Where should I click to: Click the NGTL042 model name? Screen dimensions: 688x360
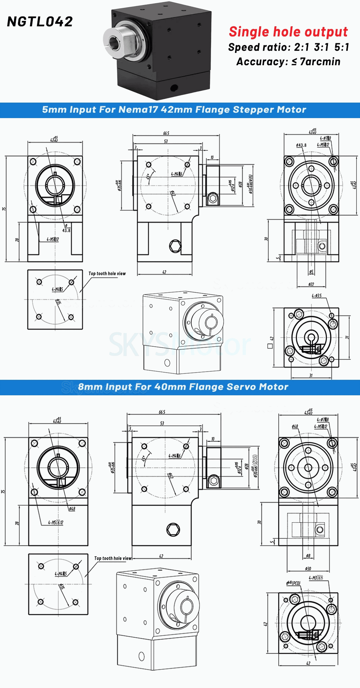(40, 22)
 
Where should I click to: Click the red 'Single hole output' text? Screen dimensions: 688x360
(288, 32)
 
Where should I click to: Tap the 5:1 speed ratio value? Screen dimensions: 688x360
(341, 47)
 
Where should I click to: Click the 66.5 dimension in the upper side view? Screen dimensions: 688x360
(166, 133)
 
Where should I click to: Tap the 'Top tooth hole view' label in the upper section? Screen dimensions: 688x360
(107, 274)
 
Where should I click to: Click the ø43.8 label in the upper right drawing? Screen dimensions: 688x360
(301, 145)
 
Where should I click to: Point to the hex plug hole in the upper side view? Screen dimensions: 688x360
(175, 246)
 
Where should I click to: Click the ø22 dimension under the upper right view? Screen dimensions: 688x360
(311, 284)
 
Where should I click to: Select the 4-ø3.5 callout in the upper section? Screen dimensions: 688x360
(316, 296)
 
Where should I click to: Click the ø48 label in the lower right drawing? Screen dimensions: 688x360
(295, 426)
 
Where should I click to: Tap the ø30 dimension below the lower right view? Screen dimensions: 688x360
(308, 568)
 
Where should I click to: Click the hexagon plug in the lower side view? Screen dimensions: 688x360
(173, 529)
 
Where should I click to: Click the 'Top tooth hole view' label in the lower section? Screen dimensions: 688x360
(113, 558)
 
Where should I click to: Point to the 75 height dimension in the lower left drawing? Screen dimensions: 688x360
(4, 491)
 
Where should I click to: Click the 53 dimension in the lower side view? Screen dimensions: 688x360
(162, 423)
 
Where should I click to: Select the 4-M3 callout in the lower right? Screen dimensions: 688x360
(316, 577)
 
